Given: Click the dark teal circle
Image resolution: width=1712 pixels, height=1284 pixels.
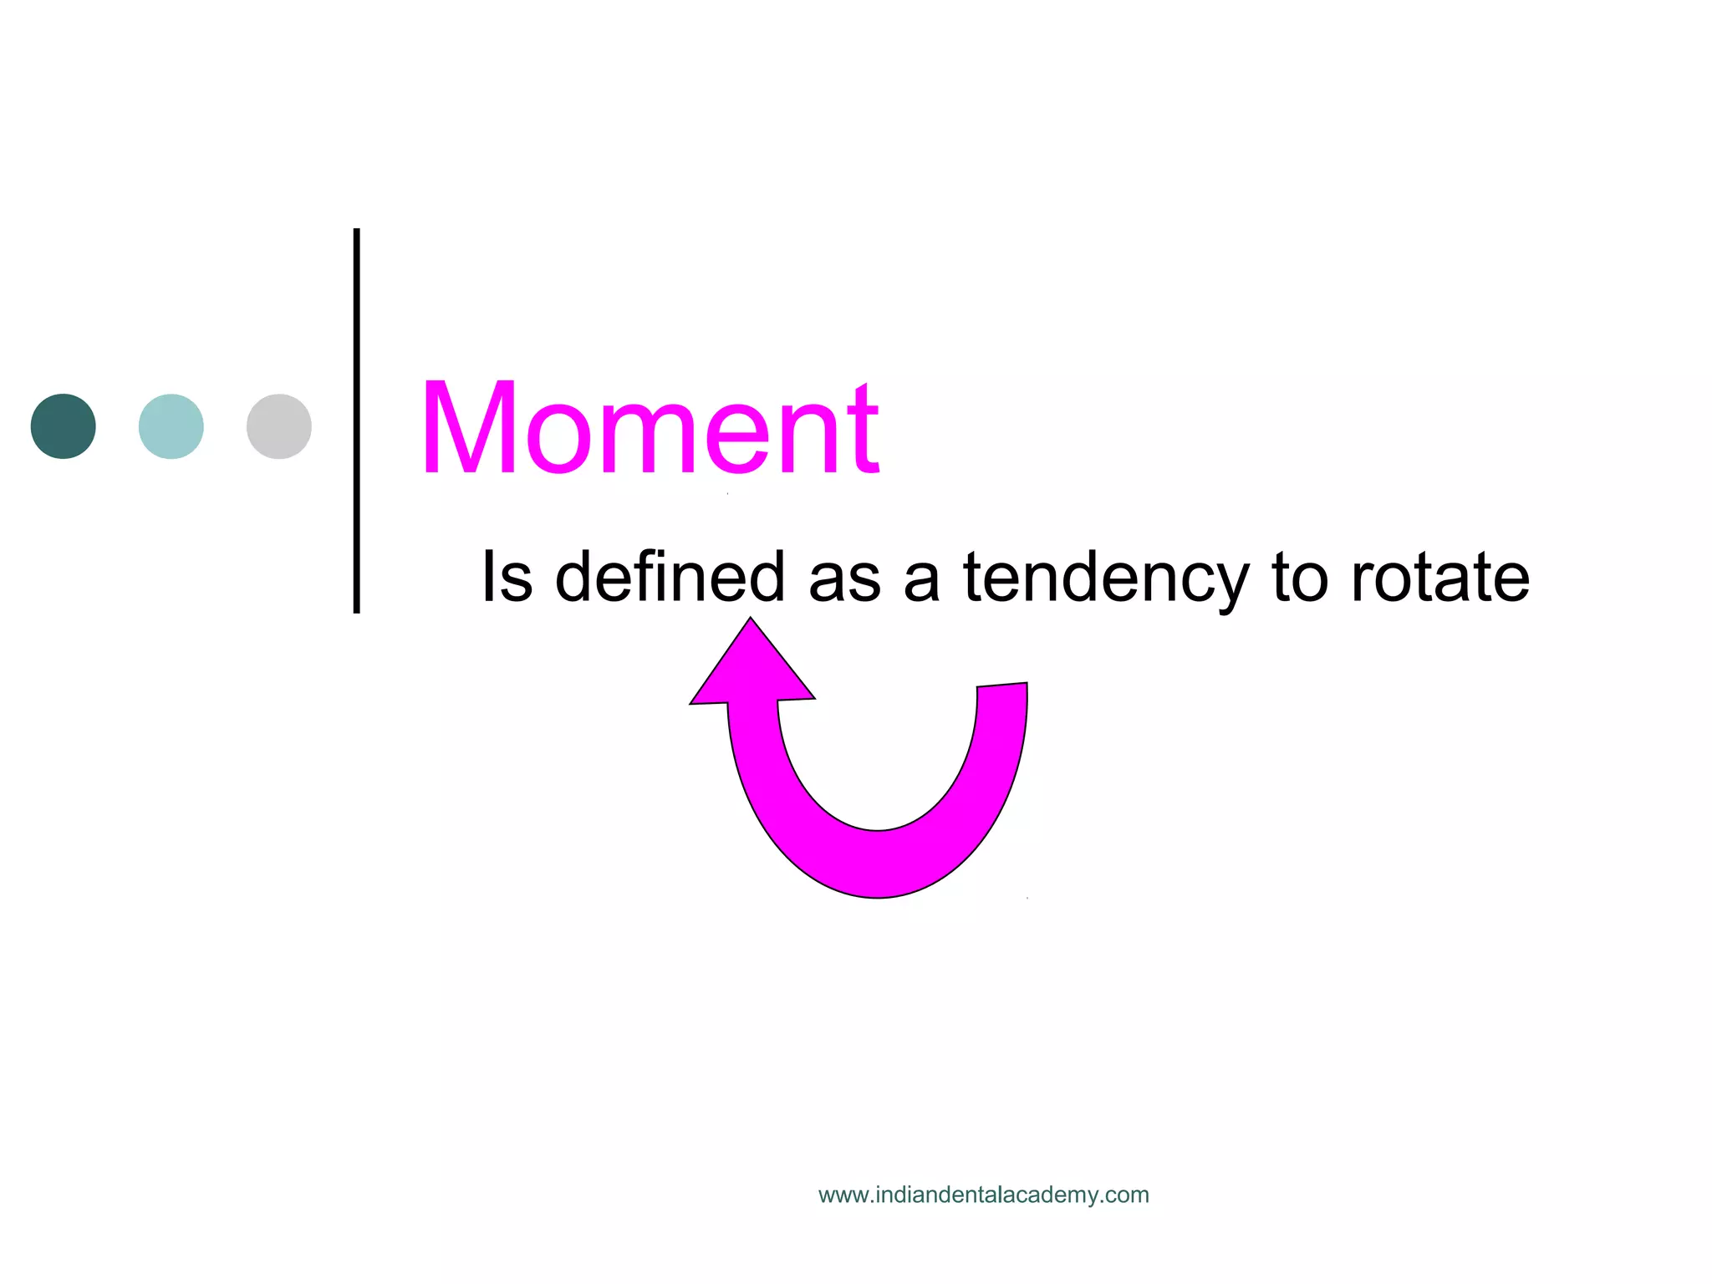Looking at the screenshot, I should (x=64, y=426).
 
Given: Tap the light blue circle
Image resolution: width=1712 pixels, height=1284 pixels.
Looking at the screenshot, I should (x=171, y=426).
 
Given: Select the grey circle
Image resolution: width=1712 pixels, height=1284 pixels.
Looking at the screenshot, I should (x=279, y=426).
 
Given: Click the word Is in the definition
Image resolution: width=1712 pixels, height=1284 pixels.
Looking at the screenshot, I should (x=507, y=577).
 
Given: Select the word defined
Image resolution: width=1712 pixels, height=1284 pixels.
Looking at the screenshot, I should (x=670, y=577).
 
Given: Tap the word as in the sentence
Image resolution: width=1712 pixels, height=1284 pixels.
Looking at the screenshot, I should (x=844, y=579).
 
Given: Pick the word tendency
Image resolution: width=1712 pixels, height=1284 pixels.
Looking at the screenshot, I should (x=1105, y=579).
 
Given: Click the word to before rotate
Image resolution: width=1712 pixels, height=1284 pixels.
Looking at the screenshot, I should (x=1300, y=578).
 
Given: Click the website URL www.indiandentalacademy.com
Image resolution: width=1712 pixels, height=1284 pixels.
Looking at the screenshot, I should (x=983, y=1195).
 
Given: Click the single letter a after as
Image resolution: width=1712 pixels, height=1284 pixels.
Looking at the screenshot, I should (x=921, y=580).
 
